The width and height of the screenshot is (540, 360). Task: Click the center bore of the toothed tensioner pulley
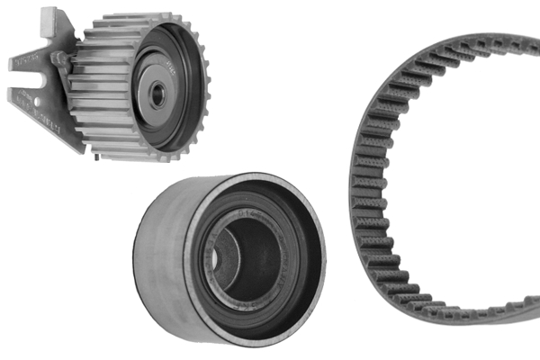click(x=158, y=95)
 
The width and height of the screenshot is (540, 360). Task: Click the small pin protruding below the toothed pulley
click(x=96, y=161)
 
